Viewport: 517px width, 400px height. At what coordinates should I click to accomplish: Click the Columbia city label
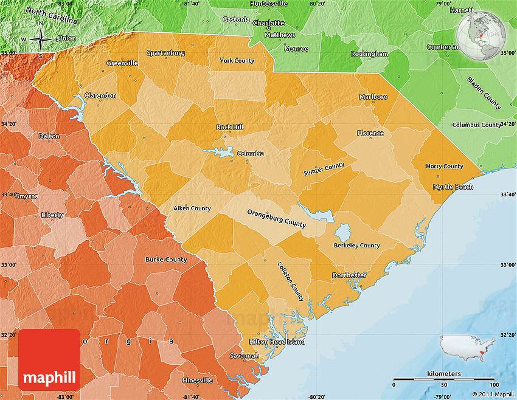(250, 154)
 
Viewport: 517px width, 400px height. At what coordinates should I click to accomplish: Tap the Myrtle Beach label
(453, 187)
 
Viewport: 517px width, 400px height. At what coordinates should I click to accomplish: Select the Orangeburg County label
(276, 218)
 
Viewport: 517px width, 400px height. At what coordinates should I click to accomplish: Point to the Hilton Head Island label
(277, 342)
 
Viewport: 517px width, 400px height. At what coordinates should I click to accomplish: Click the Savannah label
(244, 355)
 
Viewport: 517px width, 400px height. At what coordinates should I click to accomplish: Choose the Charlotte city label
(268, 23)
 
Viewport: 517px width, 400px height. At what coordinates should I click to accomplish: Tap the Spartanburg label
(165, 53)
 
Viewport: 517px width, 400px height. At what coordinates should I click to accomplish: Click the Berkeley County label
(356, 246)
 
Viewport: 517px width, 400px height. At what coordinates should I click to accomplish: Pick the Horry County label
(444, 166)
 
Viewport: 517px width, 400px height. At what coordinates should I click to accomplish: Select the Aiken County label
(192, 209)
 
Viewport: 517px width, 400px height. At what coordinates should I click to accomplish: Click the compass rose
(40, 40)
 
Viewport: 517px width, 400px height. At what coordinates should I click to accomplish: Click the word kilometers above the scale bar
(443, 373)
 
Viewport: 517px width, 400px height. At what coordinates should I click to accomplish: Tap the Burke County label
(166, 260)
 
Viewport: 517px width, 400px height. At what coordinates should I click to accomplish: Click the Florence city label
(370, 133)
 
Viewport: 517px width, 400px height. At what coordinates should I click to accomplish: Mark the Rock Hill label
(229, 127)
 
